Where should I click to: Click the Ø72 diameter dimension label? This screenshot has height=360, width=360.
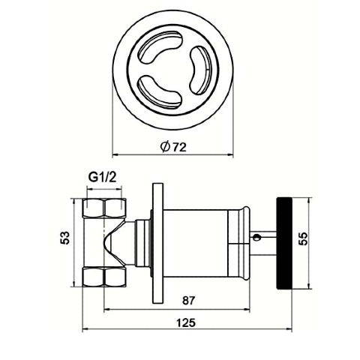point(173,147)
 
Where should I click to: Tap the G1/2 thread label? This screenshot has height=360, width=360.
point(103,177)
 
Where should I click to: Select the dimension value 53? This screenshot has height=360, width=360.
point(65,238)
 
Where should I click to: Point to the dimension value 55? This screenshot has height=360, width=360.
point(303,238)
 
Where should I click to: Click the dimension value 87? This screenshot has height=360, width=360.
point(188,301)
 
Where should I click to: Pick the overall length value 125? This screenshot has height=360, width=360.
point(186,322)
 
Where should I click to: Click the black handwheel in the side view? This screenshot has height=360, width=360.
point(284,243)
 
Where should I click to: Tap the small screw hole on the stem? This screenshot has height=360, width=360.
point(256,237)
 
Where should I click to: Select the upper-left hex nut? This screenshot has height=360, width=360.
point(104,208)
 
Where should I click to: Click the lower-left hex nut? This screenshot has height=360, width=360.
point(104,277)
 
